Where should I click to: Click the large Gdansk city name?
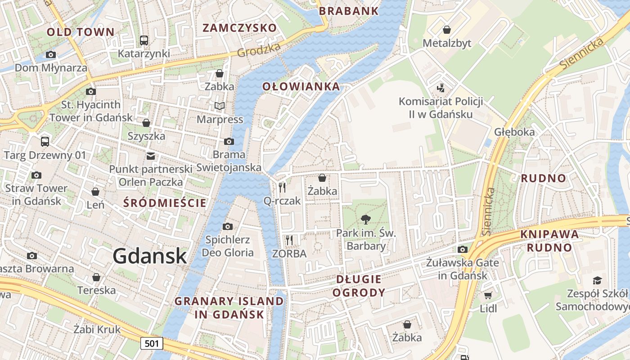tap(149, 256)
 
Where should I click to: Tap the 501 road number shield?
tap(152, 344)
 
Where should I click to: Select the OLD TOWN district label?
tap(81, 32)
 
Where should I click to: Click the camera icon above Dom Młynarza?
tap(51, 55)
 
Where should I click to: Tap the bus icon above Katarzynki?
tap(144, 40)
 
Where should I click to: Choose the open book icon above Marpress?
tap(220, 106)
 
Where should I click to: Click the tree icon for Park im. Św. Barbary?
tap(366, 220)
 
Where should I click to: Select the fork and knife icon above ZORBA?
tap(289, 240)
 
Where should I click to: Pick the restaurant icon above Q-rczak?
tap(282, 188)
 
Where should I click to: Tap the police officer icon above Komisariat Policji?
tap(441, 88)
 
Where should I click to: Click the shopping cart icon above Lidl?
tap(488, 296)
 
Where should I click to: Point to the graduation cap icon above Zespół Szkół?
tap(597, 281)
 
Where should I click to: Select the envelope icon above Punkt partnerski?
tap(151, 156)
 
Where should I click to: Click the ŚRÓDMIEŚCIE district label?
tap(165, 203)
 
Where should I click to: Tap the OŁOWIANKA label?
tap(301, 86)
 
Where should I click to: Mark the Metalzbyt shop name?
tap(447, 43)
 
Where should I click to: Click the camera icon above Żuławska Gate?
tap(463, 249)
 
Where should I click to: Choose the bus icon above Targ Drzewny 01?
tap(45, 142)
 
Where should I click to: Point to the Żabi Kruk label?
tap(97, 329)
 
